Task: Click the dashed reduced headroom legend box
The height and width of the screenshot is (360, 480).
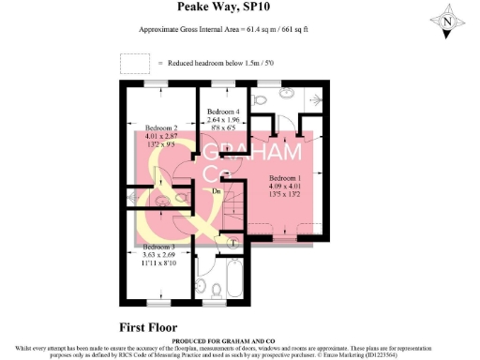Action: click(x=135, y=63)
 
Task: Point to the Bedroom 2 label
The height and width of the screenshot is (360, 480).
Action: click(x=160, y=127)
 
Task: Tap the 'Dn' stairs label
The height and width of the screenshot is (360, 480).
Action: click(x=216, y=191)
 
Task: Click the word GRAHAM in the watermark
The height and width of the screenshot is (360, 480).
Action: click(x=253, y=153)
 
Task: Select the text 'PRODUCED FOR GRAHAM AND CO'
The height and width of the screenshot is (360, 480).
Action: click(x=239, y=340)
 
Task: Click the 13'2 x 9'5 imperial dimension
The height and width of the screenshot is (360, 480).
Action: click(x=160, y=145)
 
